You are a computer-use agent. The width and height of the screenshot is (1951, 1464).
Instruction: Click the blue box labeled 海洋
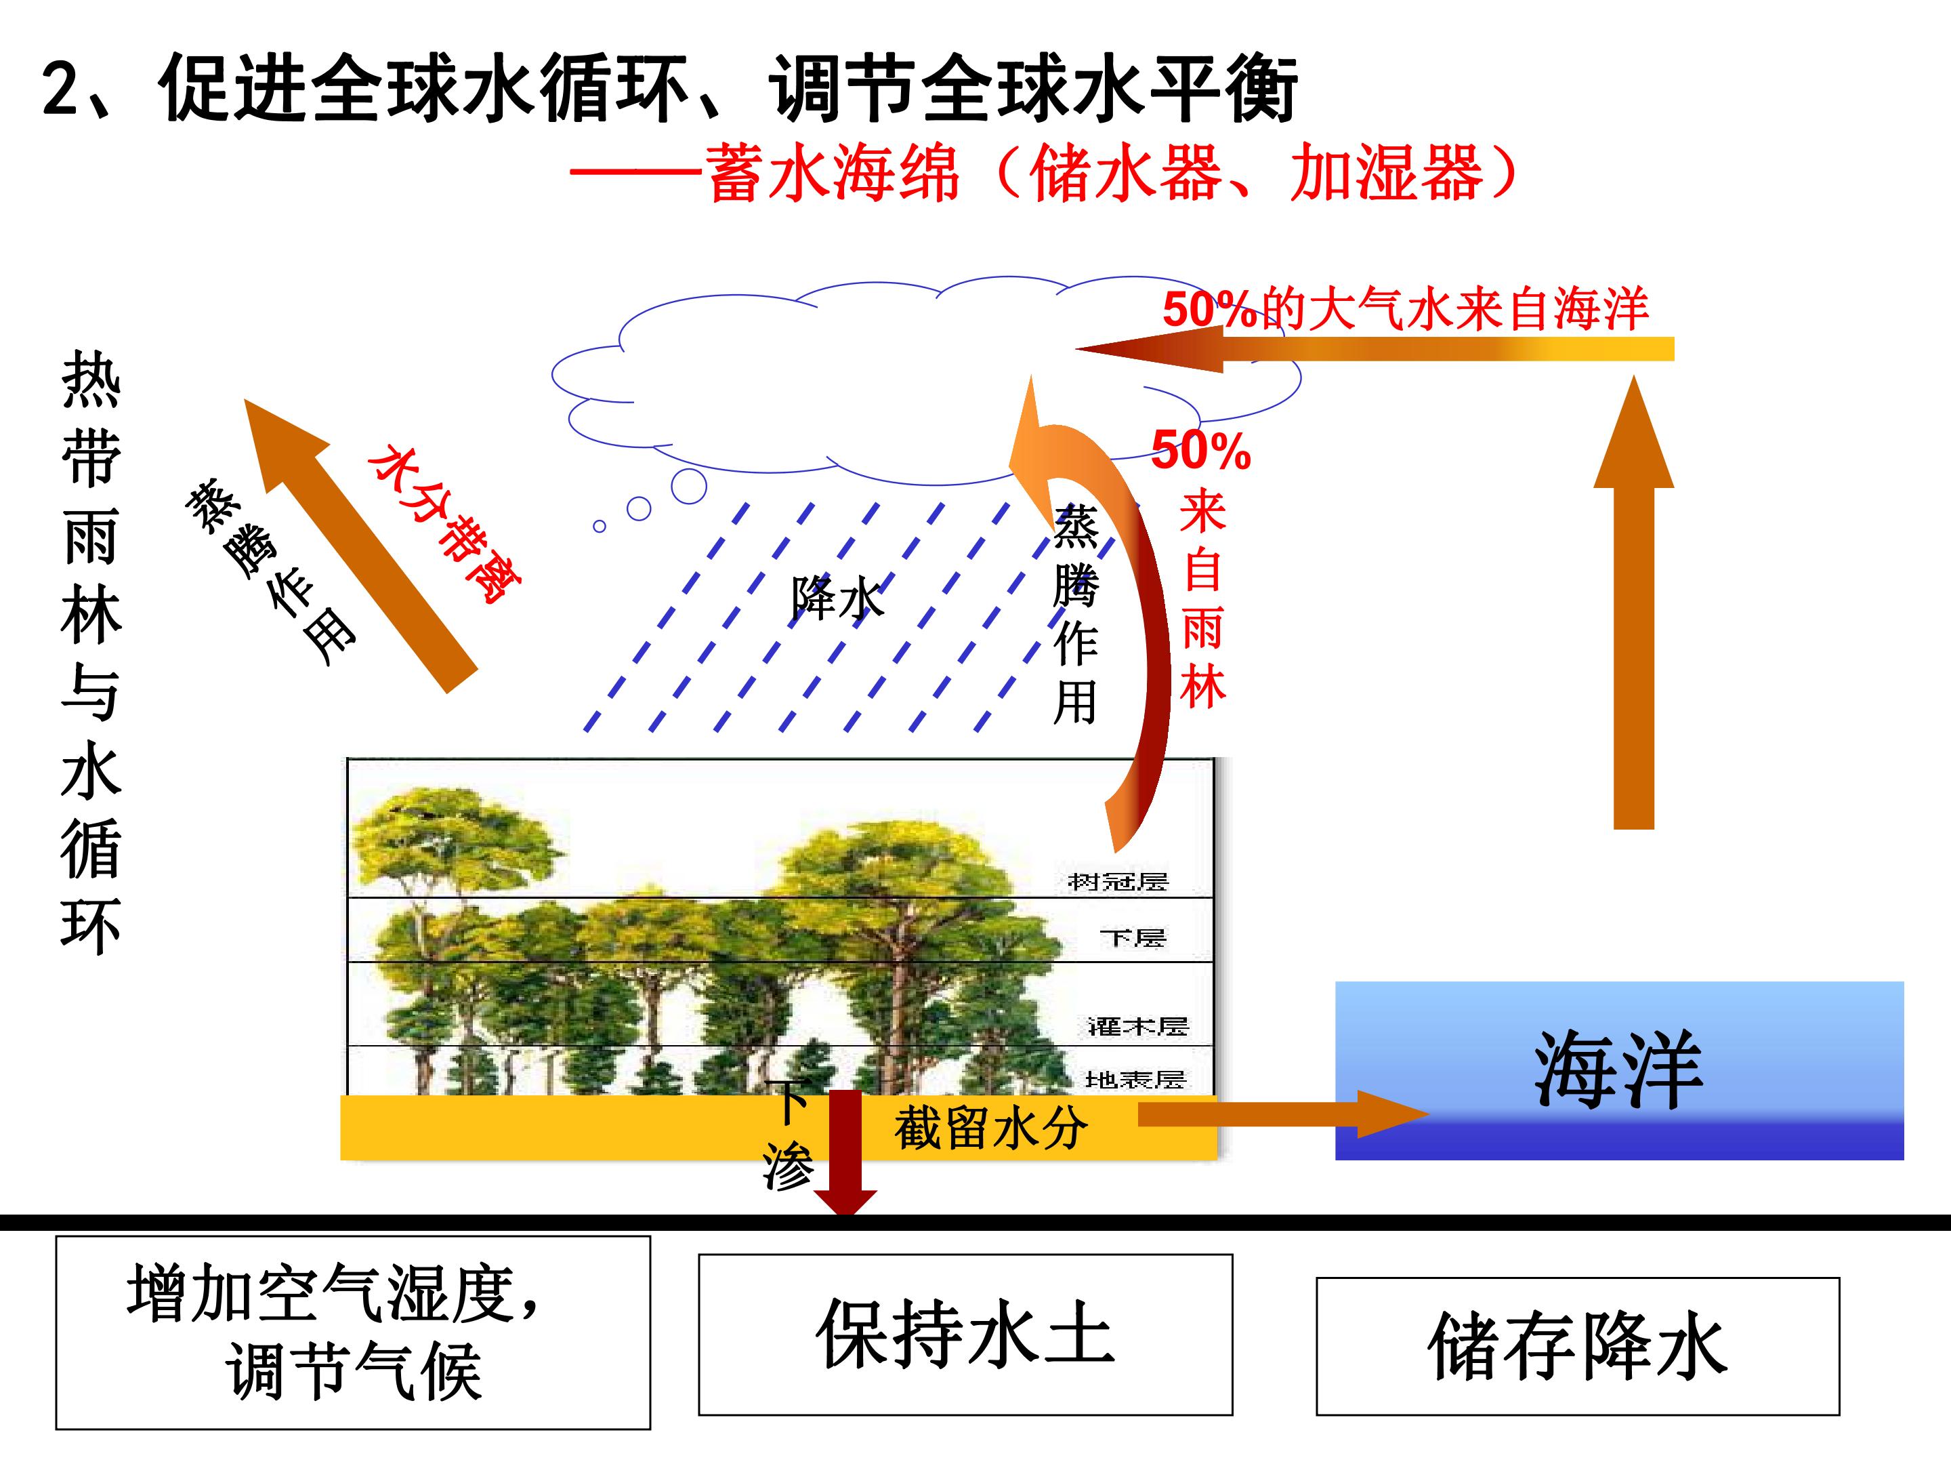pyautogui.click(x=1619, y=1070)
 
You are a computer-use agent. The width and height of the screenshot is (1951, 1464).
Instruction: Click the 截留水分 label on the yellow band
pyautogui.click(x=990, y=1128)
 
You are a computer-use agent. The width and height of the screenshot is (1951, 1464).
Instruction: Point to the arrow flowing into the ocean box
pyautogui.click(x=1283, y=1114)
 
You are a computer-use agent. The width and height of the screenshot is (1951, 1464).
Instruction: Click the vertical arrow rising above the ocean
pyautogui.click(x=1633, y=602)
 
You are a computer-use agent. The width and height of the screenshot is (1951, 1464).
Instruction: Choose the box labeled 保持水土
pyautogui.click(x=966, y=1335)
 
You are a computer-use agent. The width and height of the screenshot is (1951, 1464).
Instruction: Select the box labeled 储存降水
pyautogui.click(x=1578, y=1346)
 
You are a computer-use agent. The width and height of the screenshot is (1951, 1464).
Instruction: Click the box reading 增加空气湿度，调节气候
pyautogui.click(x=353, y=1333)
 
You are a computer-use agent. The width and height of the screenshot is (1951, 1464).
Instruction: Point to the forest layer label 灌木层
pyautogui.click(x=1138, y=1025)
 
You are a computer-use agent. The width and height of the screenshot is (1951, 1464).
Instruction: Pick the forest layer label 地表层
pyautogui.click(x=1135, y=1079)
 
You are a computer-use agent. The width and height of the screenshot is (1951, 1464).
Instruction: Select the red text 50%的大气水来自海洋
pyautogui.click(x=1405, y=309)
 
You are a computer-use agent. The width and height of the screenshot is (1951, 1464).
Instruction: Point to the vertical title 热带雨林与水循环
pyautogui.click(x=91, y=653)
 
